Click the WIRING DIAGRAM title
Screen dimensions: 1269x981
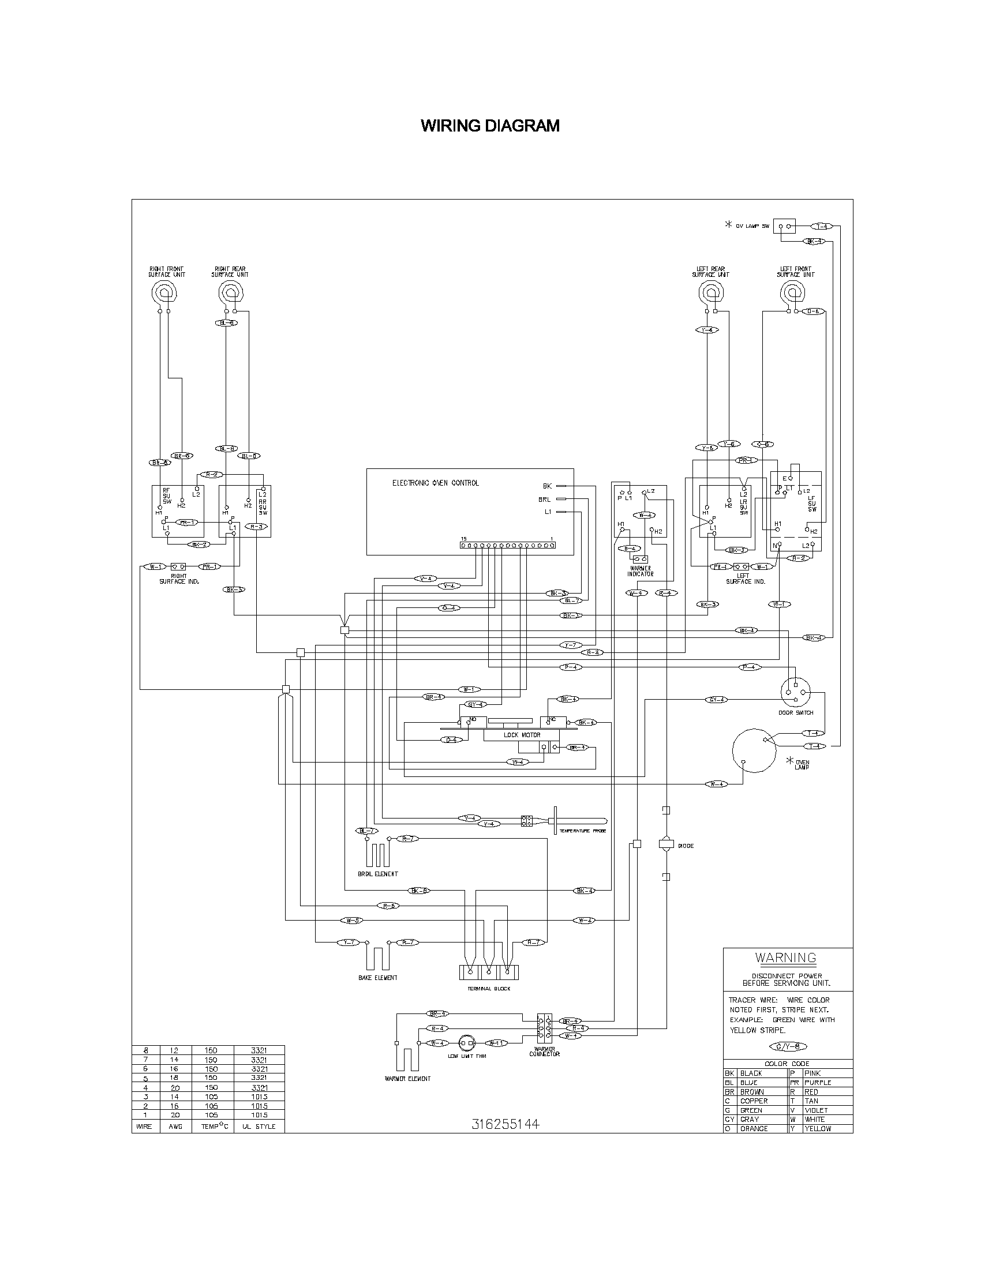click(x=490, y=126)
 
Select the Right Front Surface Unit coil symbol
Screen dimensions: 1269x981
click(x=164, y=291)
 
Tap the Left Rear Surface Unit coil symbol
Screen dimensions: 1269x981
click(x=710, y=291)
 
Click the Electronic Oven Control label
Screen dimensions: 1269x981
click(x=435, y=483)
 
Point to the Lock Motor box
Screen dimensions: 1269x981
click(x=521, y=735)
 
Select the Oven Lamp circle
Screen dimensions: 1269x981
click(x=754, y=750)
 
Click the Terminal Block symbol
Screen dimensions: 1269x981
click(x=488, y=972)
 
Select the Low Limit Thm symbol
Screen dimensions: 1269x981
click(x=467, y=1043)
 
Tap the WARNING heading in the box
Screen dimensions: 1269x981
click(x=786, y=958)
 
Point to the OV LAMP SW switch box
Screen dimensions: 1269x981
click(x=784, y=226)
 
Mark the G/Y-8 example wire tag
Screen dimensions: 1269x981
click(x=787, y=1047)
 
